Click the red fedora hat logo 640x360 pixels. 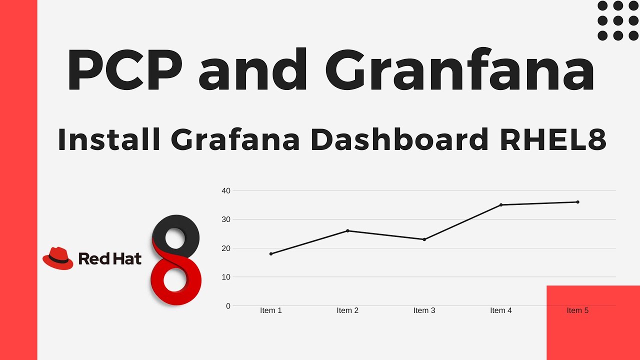pyautogui.click(x=58, y=258)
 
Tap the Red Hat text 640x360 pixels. pyautogui.click(x=110, y=258)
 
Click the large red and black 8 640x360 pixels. pyautogui.click(x=176, y=260)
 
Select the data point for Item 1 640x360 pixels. pyautogui.click(x=271, y=254)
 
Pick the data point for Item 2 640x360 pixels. pyautogui.click(x=347, y=231)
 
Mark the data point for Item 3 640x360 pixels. pyautogui.click(x=424, y=239)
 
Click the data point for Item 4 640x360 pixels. pyautogui.click(x=501, y=205)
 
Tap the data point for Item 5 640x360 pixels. pyautogui.click(x=577, y=202)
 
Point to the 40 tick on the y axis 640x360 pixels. pyautogui.click(x=226, y=190)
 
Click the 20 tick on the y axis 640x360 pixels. pyautogui.click(x=226, y=248)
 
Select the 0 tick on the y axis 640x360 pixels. pyautogui.click(x=228, y=306)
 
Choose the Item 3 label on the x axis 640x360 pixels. pyautogui.click(x=424, y=310)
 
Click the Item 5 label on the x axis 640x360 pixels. pyautogui.click(x=577, y=310)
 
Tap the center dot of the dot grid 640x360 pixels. pyautogui.click(x=618, y=20)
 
